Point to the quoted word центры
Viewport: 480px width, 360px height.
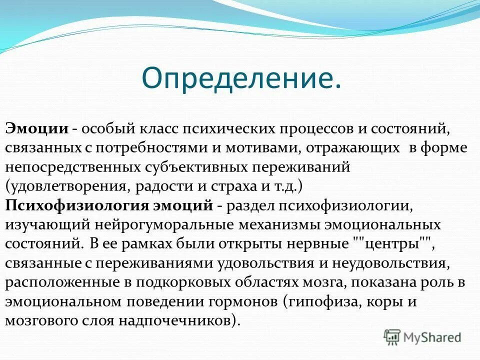coord(392,244)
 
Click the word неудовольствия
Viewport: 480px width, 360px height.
coord(387,263)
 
